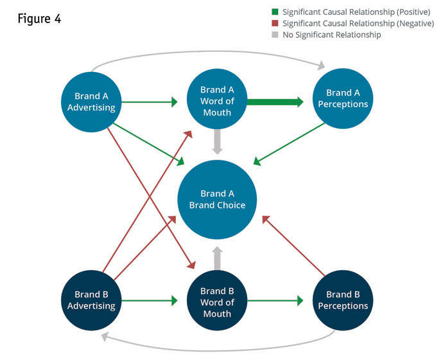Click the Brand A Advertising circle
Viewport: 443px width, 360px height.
pyautogui.click(x=91, y=102)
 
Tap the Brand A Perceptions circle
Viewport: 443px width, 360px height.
pyautogui.click(x=343, y=99)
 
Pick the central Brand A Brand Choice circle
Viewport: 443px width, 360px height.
pyautogui.click(x=217, y=200)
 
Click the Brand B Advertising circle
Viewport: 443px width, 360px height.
pyautogui.click(x=91, y=300)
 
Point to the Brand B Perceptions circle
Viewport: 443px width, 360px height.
pyautogui.click(x=343, y=300)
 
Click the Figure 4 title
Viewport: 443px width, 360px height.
pyautogui.click(x=40, y=19)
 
